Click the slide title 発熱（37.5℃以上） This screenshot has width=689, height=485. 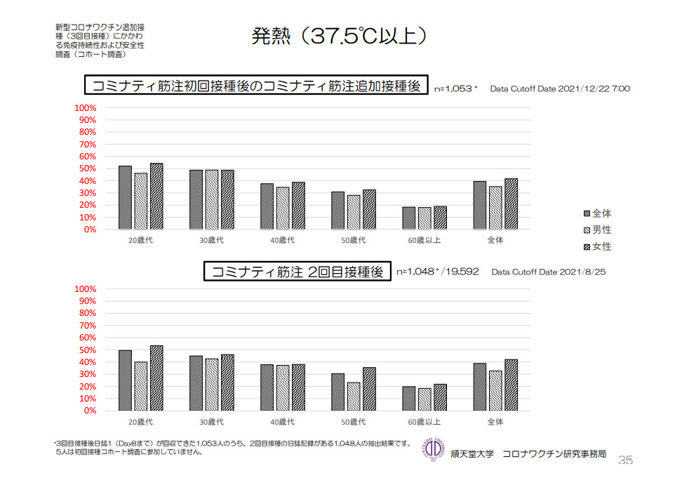(x=339, y=36)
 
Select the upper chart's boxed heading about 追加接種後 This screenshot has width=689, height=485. (x=256, y=86)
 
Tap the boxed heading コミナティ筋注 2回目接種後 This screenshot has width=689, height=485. (x=297, y=272)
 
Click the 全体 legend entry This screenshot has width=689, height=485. (x=597, y=213)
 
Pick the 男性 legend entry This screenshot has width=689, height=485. (x=597, y=230)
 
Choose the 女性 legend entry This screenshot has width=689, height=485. (x=597, y=247)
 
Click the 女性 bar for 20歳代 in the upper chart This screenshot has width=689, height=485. (x=156, y=197)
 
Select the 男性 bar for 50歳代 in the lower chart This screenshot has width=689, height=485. (x=353, y=396)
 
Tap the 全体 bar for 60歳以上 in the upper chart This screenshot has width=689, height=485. (x=409, y=218)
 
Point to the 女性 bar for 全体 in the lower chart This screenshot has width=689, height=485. (x=511, y=385)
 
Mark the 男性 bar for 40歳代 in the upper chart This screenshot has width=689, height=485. (x=283, y=208)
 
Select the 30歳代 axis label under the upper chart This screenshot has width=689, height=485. (x=211, y=241)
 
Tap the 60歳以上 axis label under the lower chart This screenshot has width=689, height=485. (x=424, y=422)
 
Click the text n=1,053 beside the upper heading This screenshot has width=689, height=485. (x=454, y=89)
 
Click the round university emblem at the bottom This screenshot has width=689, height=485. (x=434, y=449)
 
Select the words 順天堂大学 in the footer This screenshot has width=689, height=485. (x=474, y=454)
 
